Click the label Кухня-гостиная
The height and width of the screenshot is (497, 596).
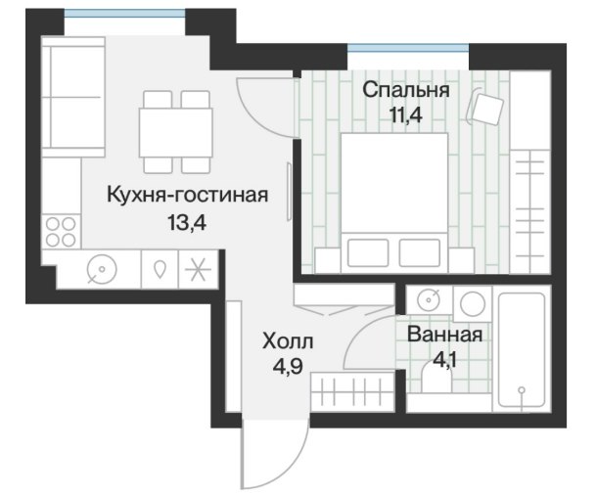tap(187, 196)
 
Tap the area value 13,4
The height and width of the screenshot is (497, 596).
tap(187, 223)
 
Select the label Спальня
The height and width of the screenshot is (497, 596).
tap(406, 90)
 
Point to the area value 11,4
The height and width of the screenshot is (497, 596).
tap(406, 114)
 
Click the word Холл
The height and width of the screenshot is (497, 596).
tap(288, 341)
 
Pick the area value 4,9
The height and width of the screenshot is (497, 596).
tap(288, 366)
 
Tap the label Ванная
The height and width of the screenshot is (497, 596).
tap(444, 335)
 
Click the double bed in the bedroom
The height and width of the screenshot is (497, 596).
tap(394, 203)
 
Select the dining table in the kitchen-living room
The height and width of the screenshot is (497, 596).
tap(176, 132)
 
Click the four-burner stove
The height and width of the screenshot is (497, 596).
tap(61, 232)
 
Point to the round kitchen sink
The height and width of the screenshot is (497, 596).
tap(102, 269)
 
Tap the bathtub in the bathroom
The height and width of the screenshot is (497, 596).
tap(522, 349)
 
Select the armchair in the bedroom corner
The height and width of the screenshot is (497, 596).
tap(485, 106)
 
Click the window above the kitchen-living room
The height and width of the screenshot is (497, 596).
tap(124, 13)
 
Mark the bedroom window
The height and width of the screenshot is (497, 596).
tap(408, 48)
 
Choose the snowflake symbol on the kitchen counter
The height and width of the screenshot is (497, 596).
tap(198, 269)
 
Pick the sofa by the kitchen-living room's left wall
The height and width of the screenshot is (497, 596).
tap(73, 97)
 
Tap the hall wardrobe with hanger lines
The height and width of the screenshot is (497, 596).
tap(352, 391)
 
